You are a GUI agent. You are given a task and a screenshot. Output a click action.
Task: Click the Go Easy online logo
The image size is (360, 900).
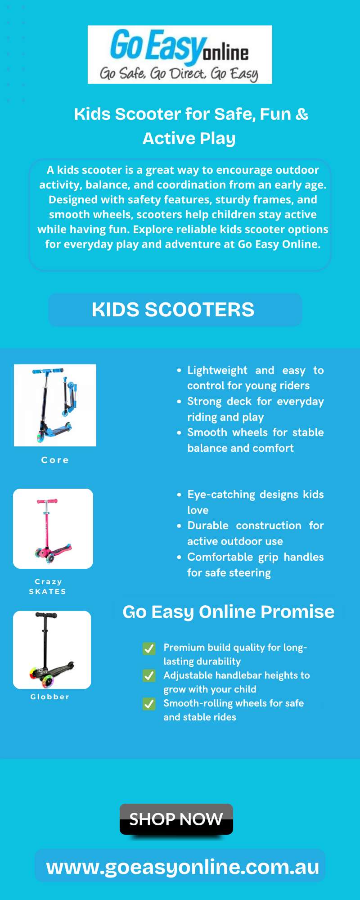tap(180, 54)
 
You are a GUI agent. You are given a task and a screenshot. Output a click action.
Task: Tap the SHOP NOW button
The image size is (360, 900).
tap(176, 819)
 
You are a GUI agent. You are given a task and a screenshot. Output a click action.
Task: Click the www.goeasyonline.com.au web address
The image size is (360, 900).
tap(183, 867)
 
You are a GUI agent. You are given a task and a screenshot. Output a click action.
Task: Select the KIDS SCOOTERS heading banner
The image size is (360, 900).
tap(175, 310)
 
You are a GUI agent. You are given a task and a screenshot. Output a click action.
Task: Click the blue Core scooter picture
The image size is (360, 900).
tap(55, 405)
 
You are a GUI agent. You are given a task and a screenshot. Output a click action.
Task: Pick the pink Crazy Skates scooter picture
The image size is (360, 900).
tap(53, 529)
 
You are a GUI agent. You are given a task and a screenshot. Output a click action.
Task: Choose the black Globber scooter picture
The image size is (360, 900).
tap(52, 650)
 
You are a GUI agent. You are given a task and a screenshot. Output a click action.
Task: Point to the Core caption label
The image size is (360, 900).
tap(55, 460)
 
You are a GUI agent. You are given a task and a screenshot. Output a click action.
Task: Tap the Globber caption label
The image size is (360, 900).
tap(50, 697)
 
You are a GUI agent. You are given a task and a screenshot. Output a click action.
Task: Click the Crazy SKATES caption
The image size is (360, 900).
tap(48, 586)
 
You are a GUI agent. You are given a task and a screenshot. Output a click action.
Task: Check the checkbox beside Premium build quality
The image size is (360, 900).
tap(149, 648)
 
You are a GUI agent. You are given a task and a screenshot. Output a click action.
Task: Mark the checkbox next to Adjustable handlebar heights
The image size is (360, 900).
tap(149, 676)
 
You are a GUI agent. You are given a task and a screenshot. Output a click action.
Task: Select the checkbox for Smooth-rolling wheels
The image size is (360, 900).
tap(149, 704)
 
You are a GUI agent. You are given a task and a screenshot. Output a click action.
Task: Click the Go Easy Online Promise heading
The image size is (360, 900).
tap(229, 612)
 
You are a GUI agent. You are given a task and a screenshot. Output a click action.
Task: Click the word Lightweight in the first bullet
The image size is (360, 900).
tap(217, 370)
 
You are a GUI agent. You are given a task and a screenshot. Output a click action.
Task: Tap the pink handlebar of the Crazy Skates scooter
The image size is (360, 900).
tap(47, 501)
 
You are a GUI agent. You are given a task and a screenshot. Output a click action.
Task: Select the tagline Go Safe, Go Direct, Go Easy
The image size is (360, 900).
tap(179, 73)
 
